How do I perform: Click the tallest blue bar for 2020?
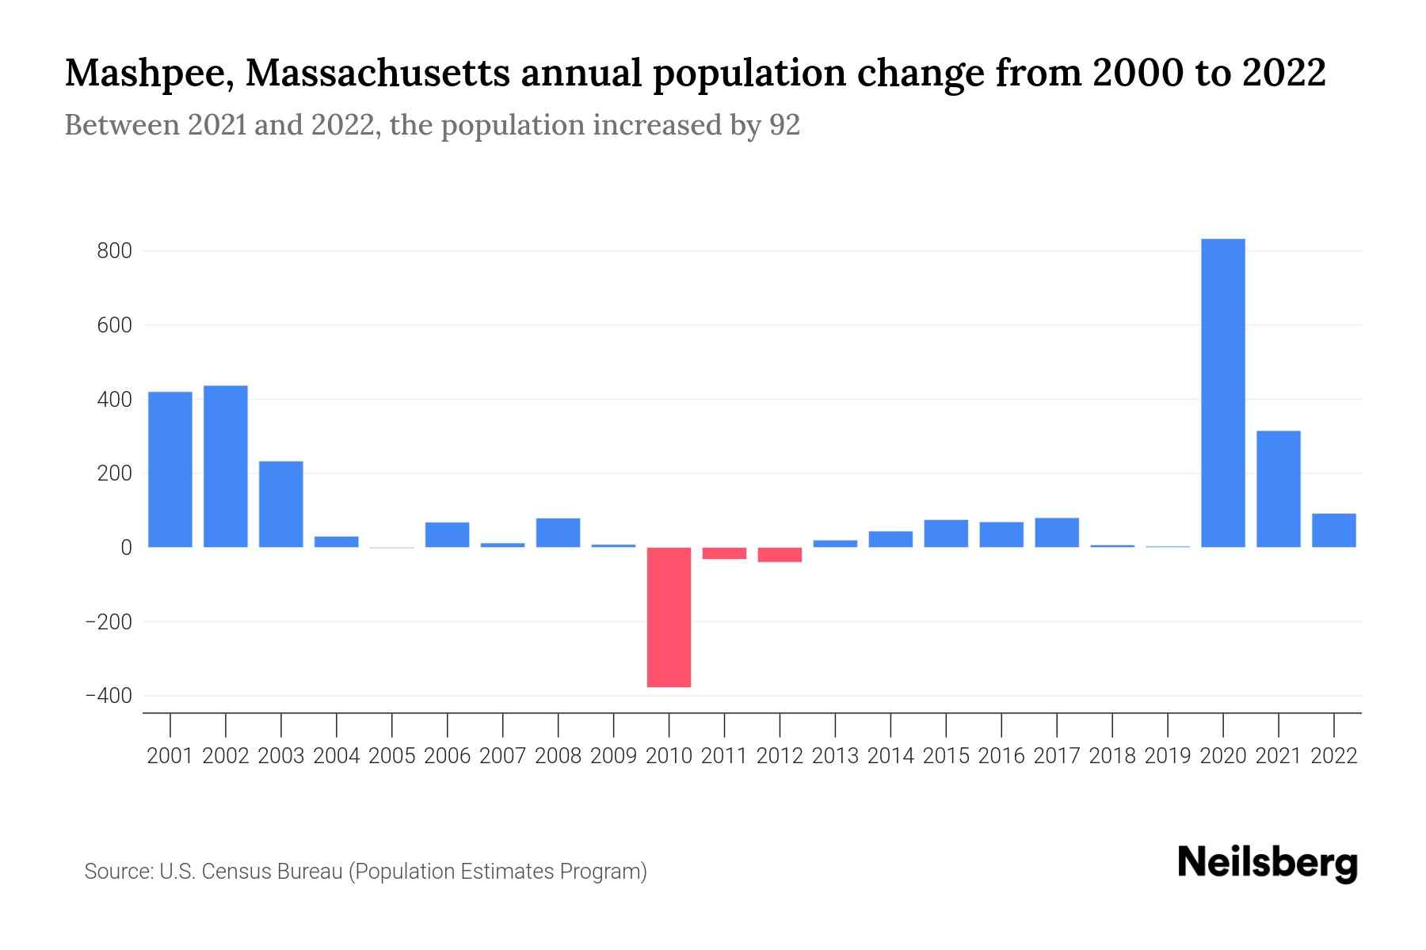(x=1222, y=393)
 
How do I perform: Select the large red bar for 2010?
(x=669, y=617)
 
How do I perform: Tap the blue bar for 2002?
(x=226, y=466)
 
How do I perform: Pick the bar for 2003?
(x=281, y=504)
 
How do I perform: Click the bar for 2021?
(x=1278, y=488)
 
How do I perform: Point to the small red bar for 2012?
(x=780, y=554)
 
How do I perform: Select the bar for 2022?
(x=1333, y=530)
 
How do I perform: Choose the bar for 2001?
(x=170, y=469)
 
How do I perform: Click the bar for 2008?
(x=558, y=532)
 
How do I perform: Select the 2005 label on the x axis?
(x=392, y=756)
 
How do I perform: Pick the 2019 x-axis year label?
(x=1168, y=756)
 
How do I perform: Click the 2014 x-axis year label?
(x=890, y=756)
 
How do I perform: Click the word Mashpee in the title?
(x=150, y=74)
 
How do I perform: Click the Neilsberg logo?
(x=1268, y=863)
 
